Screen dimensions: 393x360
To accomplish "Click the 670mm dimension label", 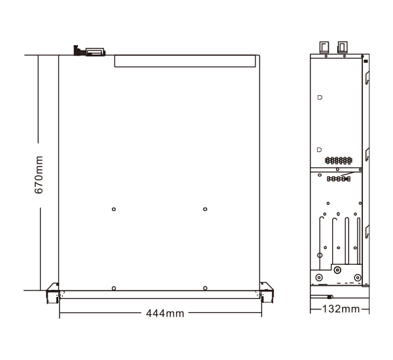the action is tap(39, 175).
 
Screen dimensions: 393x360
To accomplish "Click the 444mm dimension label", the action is tap(165, 313).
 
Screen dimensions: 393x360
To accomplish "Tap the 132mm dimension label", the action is tap(341, 309).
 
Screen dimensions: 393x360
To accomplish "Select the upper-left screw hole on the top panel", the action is tap(114, 209).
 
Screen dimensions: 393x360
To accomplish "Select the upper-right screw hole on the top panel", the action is tap(205, 209).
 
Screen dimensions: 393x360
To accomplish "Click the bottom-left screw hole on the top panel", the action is tap(114, 289).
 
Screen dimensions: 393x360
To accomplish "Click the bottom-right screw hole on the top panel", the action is tap(205, 289).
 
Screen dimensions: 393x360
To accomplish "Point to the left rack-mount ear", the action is tap(52, 292).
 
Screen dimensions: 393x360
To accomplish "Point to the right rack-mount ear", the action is tap(267, 292).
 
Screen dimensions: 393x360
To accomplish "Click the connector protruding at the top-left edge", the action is tap(90, 51).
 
